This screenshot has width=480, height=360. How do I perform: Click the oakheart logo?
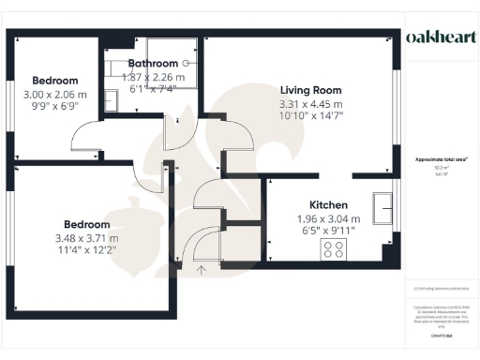441,37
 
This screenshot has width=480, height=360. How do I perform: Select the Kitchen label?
329,205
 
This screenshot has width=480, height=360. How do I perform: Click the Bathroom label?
153,64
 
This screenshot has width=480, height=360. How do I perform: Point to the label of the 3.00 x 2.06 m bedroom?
54,81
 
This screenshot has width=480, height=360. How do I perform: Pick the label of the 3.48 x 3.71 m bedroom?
86,225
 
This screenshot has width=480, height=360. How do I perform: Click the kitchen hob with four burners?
333,249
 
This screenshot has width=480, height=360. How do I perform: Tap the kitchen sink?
382,206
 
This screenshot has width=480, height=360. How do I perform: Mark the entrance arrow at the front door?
200,271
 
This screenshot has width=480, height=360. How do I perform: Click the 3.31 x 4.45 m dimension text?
311,104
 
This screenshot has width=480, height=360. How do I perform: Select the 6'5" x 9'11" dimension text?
329,232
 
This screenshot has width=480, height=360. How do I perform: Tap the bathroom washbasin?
110,98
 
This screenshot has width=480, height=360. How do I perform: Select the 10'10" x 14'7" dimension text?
311,117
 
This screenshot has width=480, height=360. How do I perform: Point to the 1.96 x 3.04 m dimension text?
329,218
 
